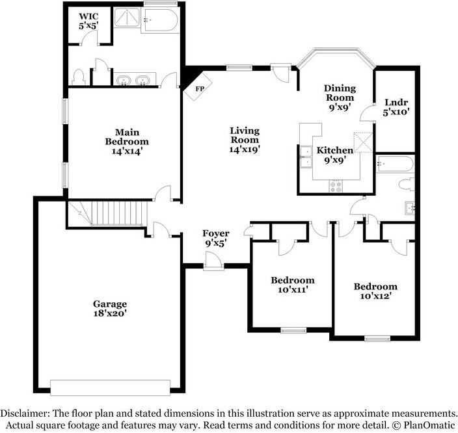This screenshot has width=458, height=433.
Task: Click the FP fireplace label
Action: coord(200,89)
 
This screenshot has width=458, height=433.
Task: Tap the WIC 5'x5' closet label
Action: coord(88,21)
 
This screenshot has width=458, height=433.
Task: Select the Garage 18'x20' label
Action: coord(110,309)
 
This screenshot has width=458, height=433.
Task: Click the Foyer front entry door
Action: coord(213,261)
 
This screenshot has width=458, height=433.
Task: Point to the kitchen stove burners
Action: coord(336,187)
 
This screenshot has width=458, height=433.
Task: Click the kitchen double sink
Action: coord(306,157)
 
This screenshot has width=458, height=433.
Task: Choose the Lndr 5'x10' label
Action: coord(396,107)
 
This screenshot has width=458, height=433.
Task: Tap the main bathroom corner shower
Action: coord(127,18)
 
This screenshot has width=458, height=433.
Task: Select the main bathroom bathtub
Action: coord(160,20)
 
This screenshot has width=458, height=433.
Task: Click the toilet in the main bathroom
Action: coord(78,77)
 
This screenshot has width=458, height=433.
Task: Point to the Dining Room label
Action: coord(340,93)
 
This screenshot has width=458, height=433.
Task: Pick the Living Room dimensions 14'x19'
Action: coord(245,150)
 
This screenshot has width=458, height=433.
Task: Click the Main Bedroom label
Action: coord(127,137)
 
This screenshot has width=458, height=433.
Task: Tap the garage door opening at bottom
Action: coord(110,387)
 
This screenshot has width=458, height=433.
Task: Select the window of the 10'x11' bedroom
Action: coord(293,330)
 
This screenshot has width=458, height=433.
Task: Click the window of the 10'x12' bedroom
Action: coord(377,338)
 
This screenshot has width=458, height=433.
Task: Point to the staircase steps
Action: coord(117,213)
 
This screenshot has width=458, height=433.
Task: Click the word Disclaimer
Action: coord(25,413)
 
